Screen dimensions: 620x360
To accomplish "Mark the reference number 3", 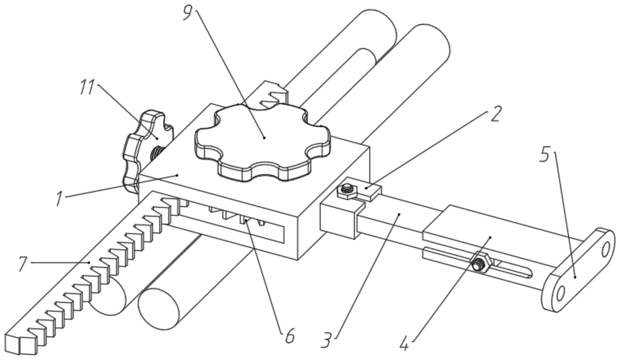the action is click(x=327, y=341).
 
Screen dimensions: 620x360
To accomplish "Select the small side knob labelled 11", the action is click(x=146, y=151).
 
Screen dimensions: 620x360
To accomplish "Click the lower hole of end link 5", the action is click(x=560, y=293).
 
